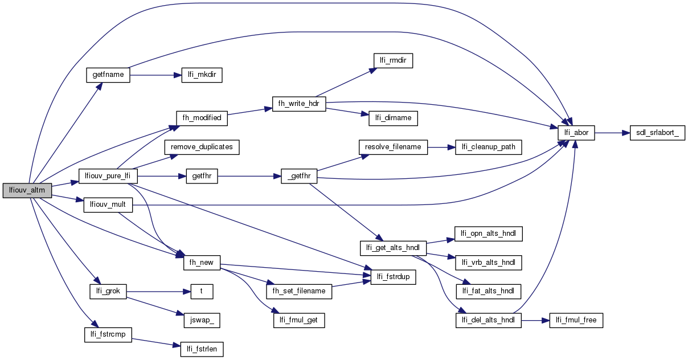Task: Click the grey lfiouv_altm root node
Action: pyautogui.click(x=27, y=191)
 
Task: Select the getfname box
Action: pyautogui.click(x=108, y=75)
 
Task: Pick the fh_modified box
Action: pyautogui.click(x=202, y=118)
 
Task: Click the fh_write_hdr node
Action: pyautogui.click(x=299, y=104)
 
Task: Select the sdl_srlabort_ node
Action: pyautogui.click(x=656, y=133)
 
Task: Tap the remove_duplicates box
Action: pyautogui.click(x=202, y=147)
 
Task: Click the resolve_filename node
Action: pyautogui.click(x=393, y=147)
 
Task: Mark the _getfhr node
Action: pyautogui.click(x=299, y=177)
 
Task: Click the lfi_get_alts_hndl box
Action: pyautogui.click(x=393, y=248)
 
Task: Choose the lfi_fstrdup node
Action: pyautogui.click(x=393, y=277)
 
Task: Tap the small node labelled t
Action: pyautogui.click(x=201, y=291)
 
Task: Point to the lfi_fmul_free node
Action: pyautogui.click(x=575, y=320)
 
